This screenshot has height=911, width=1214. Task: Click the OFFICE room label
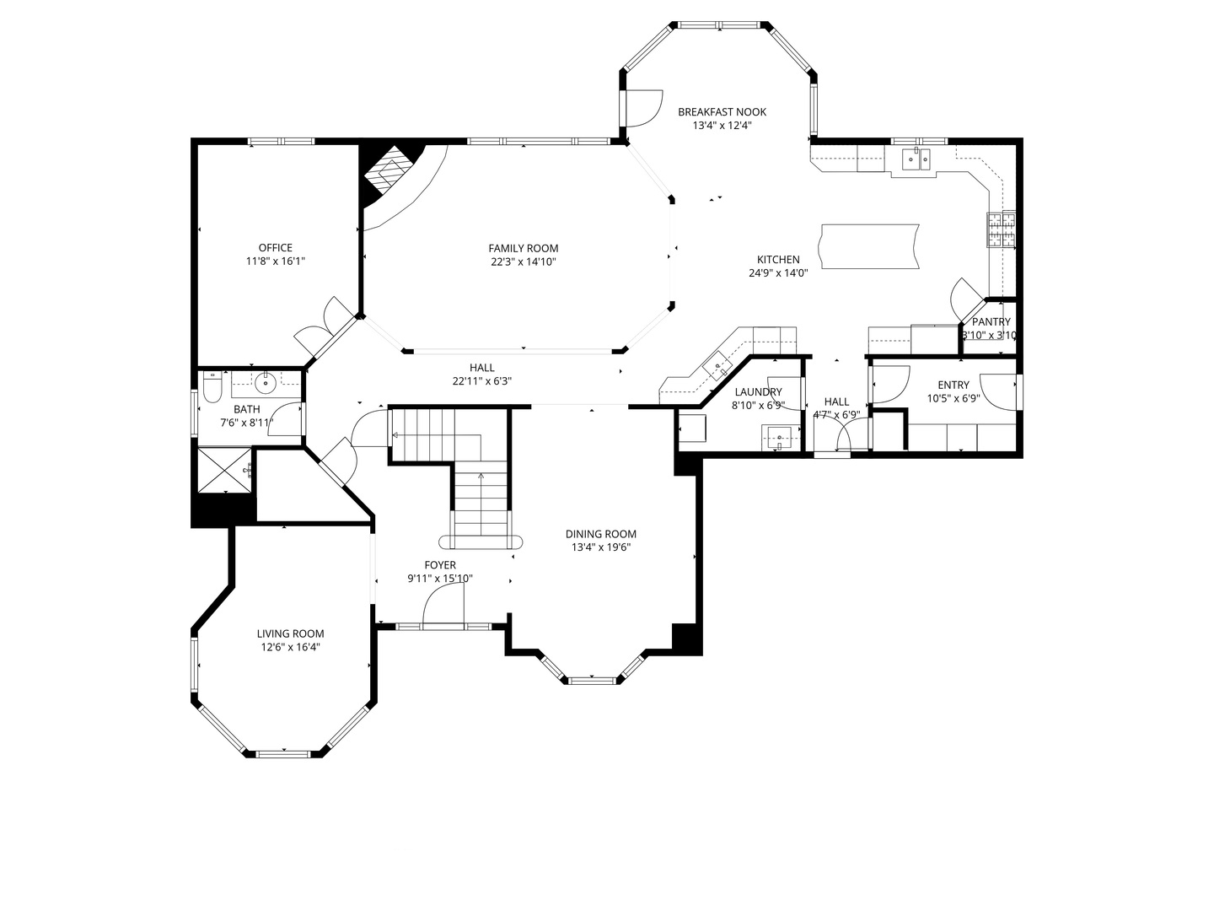click(x=275, y=248)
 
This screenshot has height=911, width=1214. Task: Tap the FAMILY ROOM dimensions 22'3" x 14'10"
click(x=523, y=262)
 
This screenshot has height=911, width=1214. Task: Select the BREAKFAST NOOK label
click(x=722, y=112)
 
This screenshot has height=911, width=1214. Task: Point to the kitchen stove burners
click(x=1002, y=229)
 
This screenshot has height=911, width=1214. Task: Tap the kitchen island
click(x=868, y=246)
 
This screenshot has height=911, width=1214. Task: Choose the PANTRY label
click(x=991, y=322)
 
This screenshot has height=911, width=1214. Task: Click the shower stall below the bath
click(x=224, y=470)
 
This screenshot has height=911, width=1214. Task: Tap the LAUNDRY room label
click(x=758, y=392)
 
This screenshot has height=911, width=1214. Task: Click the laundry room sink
click(x=780, y=438)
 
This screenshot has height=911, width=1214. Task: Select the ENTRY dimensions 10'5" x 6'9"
click(x=953, y=399)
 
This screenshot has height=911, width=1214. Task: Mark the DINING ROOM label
click(x=600, y=534)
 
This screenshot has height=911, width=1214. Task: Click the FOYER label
click(x=440, y=565)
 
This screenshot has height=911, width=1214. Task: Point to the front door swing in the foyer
click(x=443, y=606)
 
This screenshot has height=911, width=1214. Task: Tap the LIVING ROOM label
click(x=290, y=634)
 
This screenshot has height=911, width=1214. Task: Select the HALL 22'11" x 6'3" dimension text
click(x=481, y=381)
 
